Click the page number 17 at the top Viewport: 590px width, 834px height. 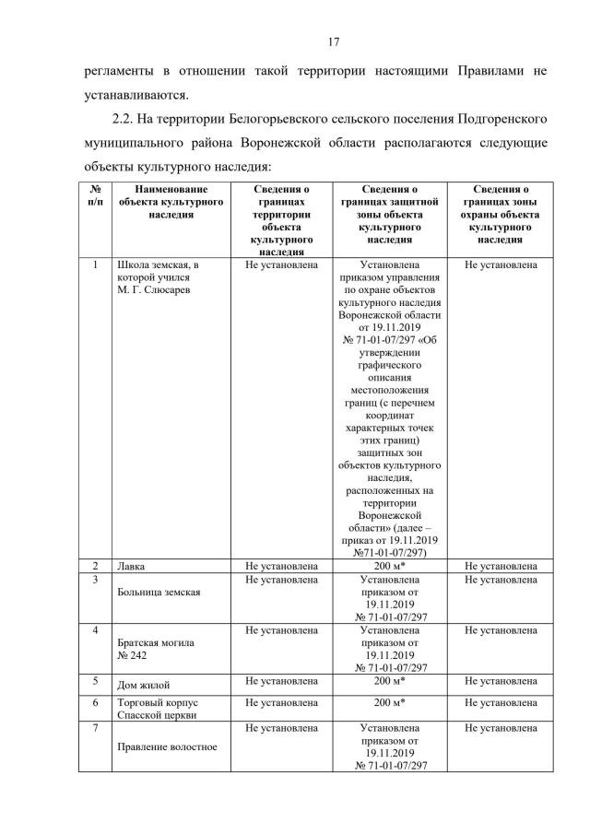334,41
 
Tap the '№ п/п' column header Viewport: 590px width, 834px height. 95,194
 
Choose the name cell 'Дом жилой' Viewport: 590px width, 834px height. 144,685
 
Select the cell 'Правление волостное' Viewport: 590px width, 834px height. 167,746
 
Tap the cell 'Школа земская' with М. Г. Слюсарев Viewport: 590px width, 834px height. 157,277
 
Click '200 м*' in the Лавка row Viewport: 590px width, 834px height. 390,565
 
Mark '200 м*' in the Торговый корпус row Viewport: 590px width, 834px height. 390,702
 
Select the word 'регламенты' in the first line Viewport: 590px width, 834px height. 116,70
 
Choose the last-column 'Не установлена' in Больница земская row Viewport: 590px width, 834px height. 501,580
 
